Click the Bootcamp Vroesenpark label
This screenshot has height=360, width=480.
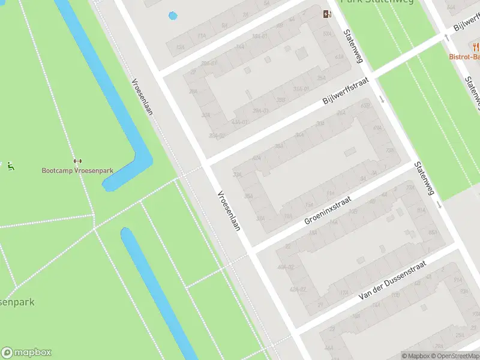click(77, 170)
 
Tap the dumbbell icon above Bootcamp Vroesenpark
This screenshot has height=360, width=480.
click(77, 161)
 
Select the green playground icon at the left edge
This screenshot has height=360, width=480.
click(10, 166)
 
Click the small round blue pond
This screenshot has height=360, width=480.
click(173, 16)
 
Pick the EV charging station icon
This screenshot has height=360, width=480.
click(327, 14)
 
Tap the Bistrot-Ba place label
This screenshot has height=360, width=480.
click(465, 57)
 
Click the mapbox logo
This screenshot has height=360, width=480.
click(26, 353)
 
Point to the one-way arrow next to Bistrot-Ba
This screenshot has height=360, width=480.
click(446, 37)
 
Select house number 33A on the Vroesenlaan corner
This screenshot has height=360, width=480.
click(238, 175)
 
